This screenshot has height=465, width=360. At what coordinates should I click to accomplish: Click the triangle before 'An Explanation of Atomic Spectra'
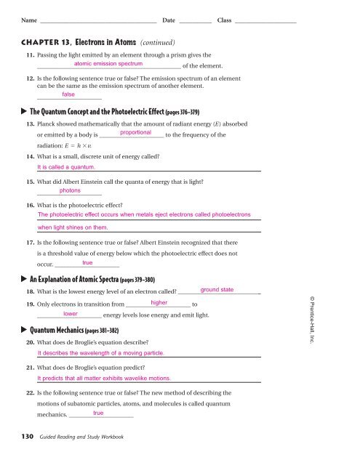click(23, 278)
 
